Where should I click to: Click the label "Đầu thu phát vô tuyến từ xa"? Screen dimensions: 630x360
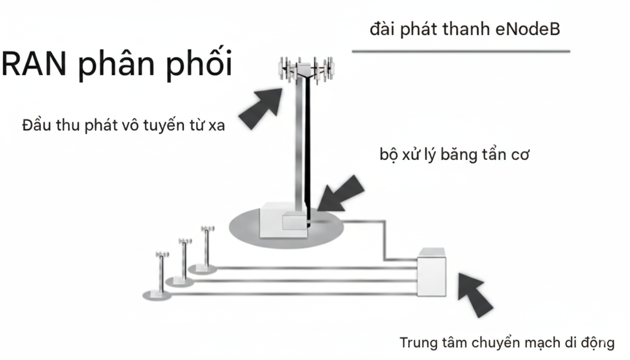click(123, 126)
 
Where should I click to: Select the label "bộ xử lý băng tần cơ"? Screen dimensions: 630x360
click(454, 154)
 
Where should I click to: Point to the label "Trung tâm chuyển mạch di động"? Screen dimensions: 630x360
click(506, 343)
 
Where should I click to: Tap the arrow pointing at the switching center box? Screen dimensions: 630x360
click(475, 293)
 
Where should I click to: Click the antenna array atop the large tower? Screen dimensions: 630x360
click(307, 69)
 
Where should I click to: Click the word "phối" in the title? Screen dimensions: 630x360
click(200, 64)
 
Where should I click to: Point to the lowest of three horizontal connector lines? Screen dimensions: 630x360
click(291, 294)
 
